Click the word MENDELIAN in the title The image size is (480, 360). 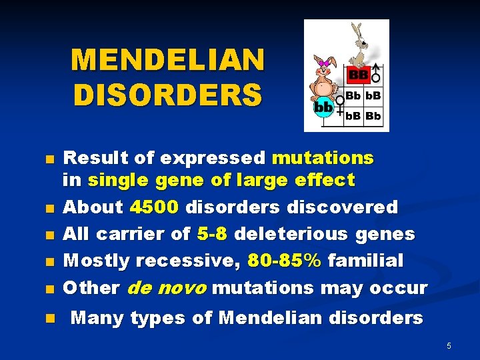pos(167,60)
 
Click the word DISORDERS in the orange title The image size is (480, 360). pos(167,94)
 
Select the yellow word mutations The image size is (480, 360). pos(323,158)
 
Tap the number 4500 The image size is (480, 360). pos(154,207)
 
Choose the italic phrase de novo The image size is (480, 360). pos(166,288)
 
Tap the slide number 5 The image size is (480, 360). pos(449,346)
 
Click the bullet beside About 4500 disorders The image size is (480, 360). pos(49,208)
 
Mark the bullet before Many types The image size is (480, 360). pos(49,319)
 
